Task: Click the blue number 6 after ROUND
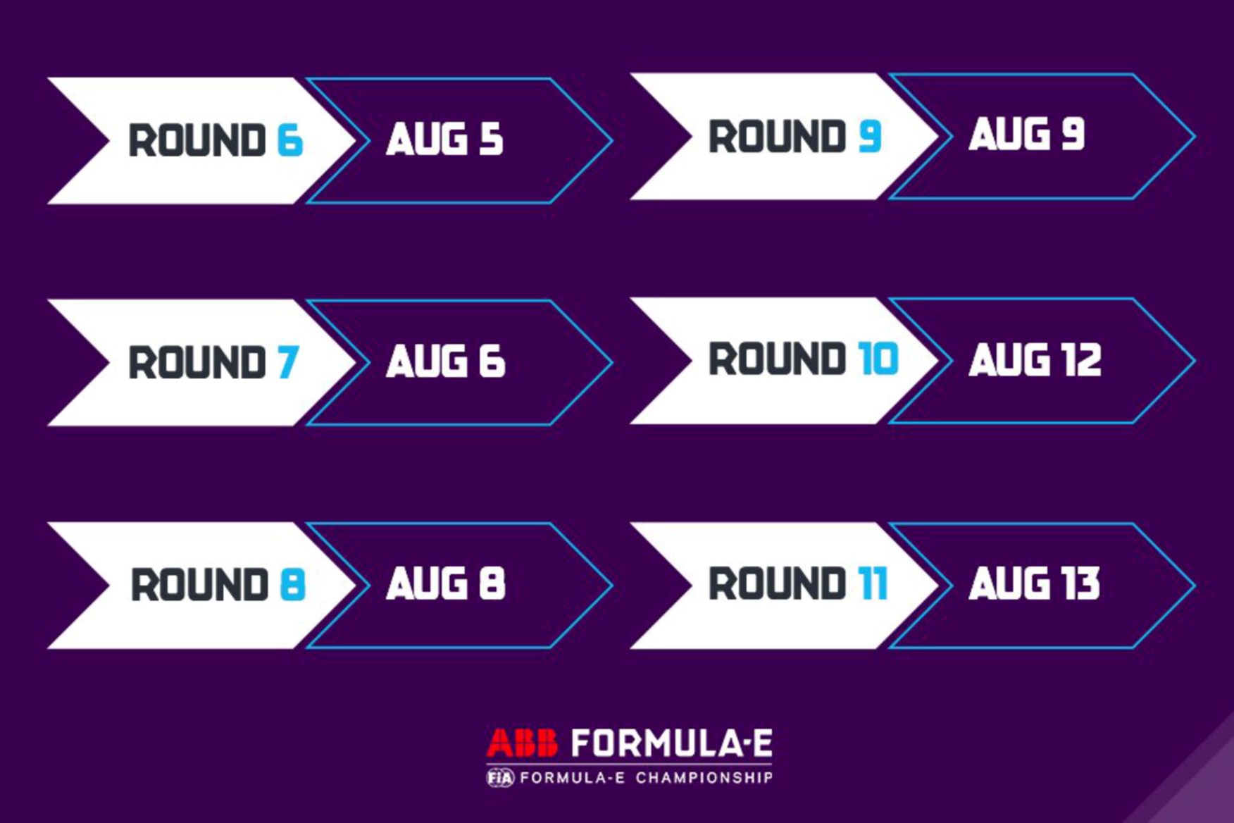(290, 140)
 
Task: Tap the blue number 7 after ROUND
(288, 362)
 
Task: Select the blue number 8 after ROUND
(292, 584)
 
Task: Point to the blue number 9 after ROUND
(870, 136)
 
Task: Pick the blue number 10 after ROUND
(878, 359)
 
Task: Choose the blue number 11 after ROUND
(873, 583)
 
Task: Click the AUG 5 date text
(444, 138)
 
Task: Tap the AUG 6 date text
(446, 361)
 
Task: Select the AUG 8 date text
(446, 583)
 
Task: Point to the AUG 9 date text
(1027, 134)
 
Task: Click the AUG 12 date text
(1035, 360)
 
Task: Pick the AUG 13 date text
(1035, 583)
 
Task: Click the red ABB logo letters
(523, 743)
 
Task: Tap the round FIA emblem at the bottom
(500, 778)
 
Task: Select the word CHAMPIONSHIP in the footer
(704, 778)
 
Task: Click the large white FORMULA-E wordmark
(672, 743)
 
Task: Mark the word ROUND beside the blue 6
(197, 140)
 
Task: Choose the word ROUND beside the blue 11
(778, 583)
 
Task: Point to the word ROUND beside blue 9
(778, 136)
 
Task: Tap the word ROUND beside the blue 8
(200, 584)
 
